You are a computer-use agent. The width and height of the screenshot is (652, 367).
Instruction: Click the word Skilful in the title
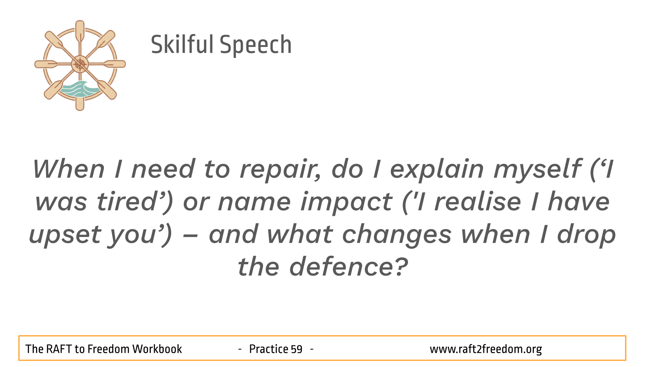182,44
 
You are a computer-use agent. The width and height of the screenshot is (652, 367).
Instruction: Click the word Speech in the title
256,45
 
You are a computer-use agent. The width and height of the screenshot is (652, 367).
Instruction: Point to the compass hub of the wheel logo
80,64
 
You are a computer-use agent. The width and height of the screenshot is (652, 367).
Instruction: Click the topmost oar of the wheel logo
80,32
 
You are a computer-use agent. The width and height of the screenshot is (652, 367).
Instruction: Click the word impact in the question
346,203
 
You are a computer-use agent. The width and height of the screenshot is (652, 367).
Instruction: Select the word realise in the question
478,201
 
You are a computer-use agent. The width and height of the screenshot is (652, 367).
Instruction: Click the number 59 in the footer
297,349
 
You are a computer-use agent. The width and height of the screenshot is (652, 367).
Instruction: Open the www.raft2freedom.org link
486,349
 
